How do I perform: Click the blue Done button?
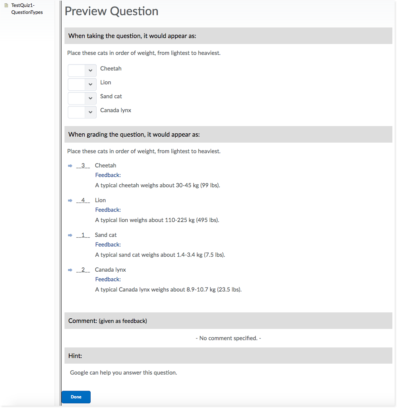coord(76,397)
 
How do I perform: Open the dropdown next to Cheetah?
coord(82,70)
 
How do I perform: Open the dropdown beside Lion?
coord(82,84)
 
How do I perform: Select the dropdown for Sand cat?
coord(82,98)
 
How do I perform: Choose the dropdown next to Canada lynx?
coord(82,112)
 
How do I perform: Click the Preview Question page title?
coord(111,11)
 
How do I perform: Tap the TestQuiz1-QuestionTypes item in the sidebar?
coord(27,9)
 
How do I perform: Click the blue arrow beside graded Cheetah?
coord(70,166)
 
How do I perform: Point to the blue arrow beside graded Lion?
coord(70,201)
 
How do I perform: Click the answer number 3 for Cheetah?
coord(83,165)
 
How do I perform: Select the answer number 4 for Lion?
coord(83,200)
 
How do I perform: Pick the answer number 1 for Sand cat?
coord(83,235)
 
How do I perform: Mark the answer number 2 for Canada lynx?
coord(83,270)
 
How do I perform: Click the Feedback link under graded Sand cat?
coord(108,245)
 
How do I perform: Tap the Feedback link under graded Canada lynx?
coord(108,279)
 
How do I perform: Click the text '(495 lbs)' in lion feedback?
coord(207,220)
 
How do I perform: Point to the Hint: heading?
coord(75,356)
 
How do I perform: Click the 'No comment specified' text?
coord(228,338)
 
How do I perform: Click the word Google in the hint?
coord(79,373)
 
